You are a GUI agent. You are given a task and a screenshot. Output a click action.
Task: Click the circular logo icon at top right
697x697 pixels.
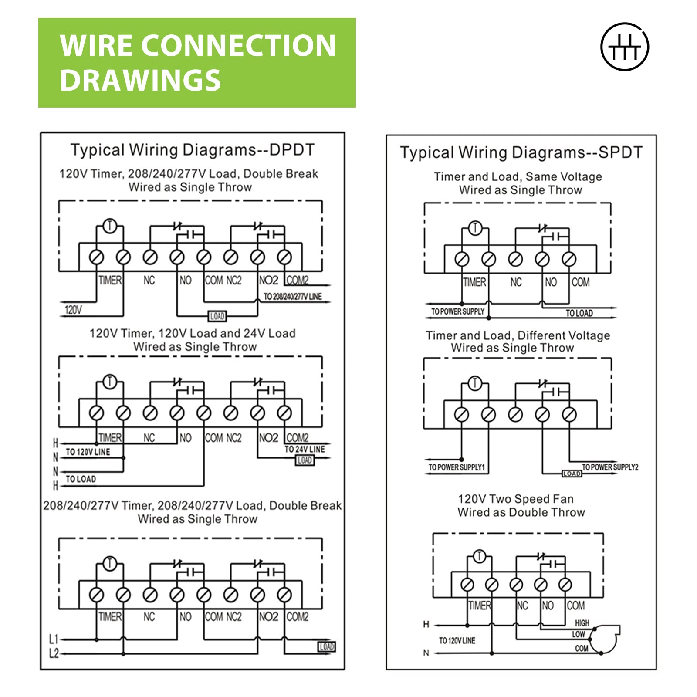coord(624,47)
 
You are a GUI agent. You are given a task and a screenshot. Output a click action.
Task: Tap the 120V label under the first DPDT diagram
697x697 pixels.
coord(73,310)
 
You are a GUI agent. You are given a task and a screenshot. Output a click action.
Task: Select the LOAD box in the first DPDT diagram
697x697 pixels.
coord(217,316)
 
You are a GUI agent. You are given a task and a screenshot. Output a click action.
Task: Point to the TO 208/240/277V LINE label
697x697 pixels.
coord(292,297)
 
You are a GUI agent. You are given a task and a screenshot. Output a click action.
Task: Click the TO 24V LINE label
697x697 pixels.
coord(305,449)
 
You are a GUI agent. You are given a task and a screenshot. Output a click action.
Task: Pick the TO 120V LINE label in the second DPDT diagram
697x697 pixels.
coord(88,452)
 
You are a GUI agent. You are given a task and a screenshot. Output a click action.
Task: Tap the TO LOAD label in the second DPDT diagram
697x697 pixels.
coord(81,479)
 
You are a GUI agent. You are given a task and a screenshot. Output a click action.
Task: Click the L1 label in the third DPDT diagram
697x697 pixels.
coord(53,639)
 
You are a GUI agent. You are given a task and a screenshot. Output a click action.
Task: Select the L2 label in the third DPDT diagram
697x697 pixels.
coord(53,654)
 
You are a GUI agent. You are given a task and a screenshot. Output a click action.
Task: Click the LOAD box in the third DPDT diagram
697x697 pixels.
coord(326,647)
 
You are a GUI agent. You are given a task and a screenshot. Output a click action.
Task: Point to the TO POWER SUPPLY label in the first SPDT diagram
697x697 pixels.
coord(457,311)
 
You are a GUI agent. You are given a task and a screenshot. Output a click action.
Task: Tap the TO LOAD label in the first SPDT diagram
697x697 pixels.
coord(579,313)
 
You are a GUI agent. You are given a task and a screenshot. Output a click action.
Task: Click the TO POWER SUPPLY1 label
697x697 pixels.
coord(456,467)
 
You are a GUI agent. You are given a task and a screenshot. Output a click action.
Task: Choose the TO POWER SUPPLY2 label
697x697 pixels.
coord(610,467)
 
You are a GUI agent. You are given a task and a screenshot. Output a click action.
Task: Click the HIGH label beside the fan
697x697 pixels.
coord(582,623)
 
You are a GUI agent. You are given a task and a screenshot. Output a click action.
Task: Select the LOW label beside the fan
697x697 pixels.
coord(579,634)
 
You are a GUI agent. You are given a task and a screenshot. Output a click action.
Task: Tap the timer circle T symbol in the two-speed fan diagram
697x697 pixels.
coord(479,556)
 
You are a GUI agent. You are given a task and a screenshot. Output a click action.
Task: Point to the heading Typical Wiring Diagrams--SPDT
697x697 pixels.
coord(521,152)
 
